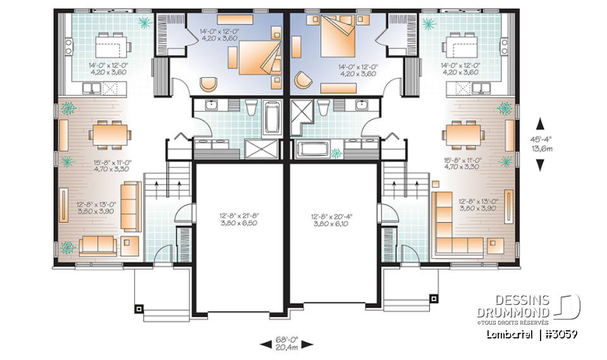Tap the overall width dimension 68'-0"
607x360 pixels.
click(286, 340)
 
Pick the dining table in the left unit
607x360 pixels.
click(111, 133)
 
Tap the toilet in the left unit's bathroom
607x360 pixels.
click(252, 109)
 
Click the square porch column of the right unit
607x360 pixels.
click(433, 297)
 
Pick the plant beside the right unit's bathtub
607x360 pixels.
click(336, 152)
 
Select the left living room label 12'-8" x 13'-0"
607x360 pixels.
click(95, 208)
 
